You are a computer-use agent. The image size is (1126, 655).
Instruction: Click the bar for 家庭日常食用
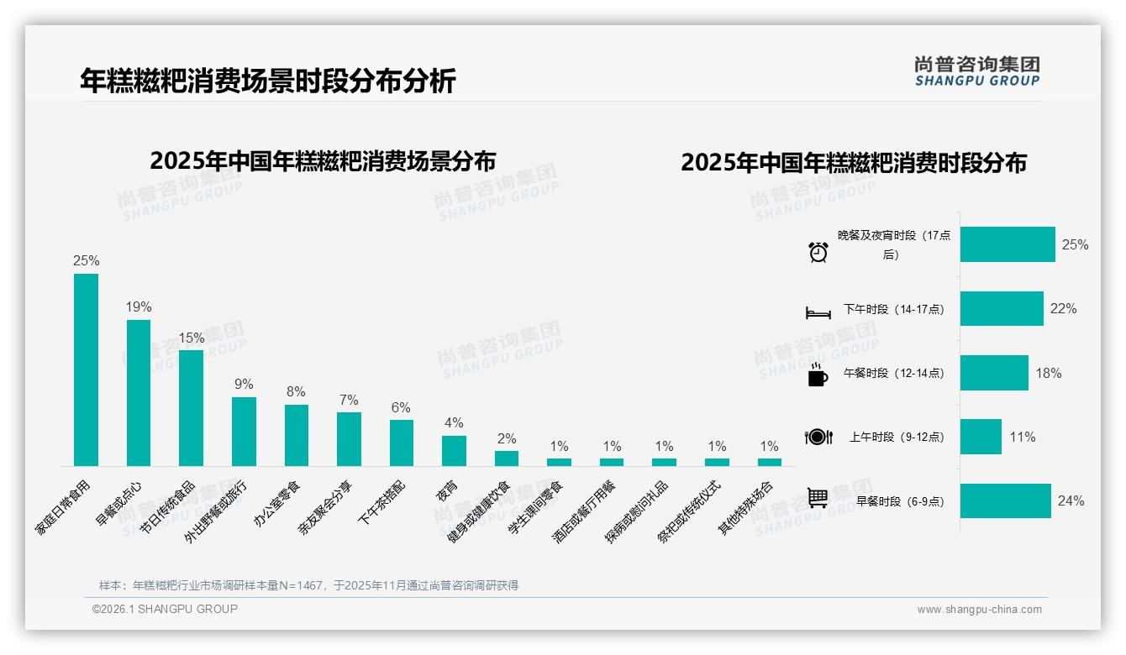point(86,369)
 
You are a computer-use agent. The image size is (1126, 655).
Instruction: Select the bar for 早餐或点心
point(139,392)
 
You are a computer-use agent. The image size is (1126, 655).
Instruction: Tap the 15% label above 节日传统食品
point(191,338)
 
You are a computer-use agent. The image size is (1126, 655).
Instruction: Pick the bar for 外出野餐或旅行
point(244,431)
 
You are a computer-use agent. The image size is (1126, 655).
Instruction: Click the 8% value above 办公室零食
point(296,392)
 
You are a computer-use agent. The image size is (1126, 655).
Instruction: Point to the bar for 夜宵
point(454,450)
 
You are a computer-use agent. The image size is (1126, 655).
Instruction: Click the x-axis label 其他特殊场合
point(745,508)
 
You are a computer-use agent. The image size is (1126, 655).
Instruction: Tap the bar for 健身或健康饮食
point(507,458)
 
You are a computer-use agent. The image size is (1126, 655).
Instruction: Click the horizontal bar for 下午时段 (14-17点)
point(1002,309)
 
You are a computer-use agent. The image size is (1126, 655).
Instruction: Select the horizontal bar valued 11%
point(981,437)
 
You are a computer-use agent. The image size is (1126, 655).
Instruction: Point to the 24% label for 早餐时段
point(1071,501)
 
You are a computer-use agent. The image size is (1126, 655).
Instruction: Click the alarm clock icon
point(818,251)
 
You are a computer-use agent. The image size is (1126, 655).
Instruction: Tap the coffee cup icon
point(818,375)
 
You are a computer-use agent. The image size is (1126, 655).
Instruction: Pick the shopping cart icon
point(818,498)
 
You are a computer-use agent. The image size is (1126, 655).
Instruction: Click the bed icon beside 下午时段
point(818,313)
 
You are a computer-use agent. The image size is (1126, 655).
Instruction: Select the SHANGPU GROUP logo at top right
point(976,71)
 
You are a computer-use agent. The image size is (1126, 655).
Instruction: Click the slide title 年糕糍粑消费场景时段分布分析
point(268,81)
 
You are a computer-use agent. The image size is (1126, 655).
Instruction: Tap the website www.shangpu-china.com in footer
point(979,610)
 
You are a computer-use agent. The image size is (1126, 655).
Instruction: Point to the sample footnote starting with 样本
point(308,585)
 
